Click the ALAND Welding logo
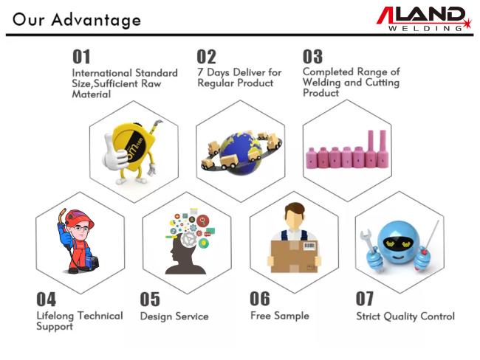pos(424,18)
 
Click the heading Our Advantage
pos(77,20)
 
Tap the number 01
pos(81,57)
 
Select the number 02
pos(206,57)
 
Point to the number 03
pos(312,57)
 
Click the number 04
pos(47,299)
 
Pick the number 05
pos(150,299)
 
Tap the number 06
pos(260,299)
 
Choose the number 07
pos(365,299)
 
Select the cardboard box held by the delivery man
pos(295,256)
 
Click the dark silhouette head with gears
pos(185,254)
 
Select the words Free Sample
pos(280,316)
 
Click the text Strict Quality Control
pos(405,316)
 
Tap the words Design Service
pos(174,316)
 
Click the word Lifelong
pos(55,316)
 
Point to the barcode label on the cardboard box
pos(310,246)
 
